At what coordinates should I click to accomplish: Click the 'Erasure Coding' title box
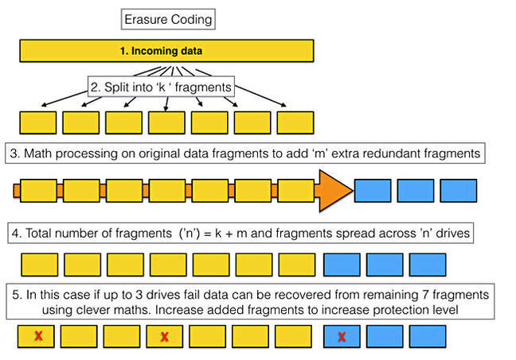coord(168,19)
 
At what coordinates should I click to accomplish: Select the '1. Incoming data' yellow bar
coord(166,51)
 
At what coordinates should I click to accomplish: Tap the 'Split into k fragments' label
coord(161,87)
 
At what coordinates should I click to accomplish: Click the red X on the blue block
coord(342,337)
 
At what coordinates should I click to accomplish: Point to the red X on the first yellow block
coord(38,335)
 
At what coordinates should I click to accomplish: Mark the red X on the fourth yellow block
coord(165,337)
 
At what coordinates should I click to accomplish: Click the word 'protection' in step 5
coord(401,310)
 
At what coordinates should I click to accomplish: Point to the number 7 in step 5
coord(425,295)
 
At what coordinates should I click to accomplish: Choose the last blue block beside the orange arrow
coord(459,191)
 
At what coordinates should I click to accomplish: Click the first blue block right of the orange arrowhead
coord(373,191)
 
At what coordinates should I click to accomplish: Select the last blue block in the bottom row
coord(428,336)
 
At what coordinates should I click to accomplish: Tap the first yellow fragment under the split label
coord(38,122)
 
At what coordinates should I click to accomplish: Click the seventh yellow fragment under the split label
coord(295,122)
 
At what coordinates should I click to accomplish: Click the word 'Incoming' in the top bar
coord(150,51)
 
